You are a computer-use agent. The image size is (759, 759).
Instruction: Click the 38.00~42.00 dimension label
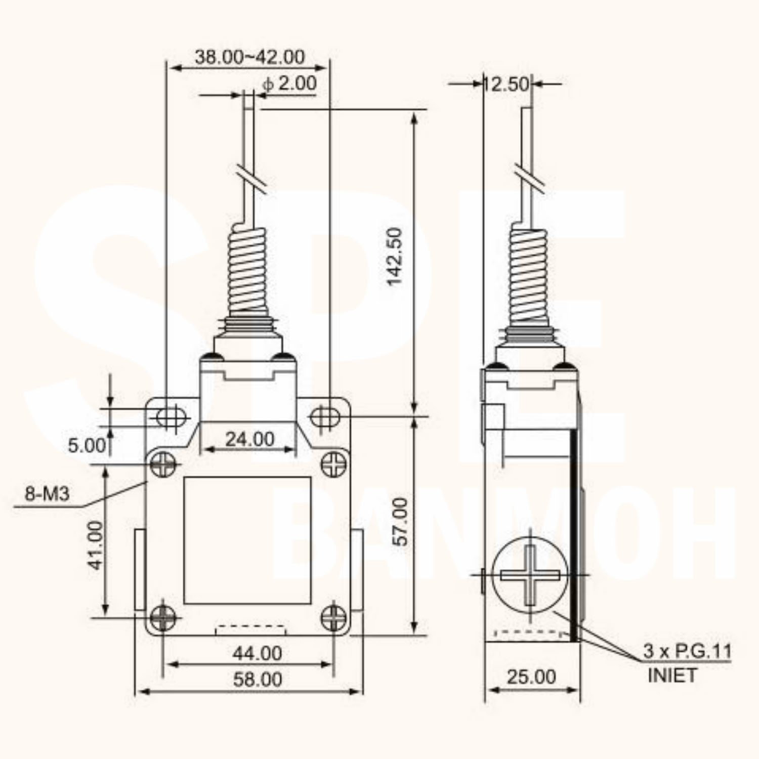click(250, 57)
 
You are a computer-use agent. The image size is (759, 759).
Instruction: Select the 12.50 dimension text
click(505, 83)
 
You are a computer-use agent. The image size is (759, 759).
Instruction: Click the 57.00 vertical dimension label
click(400, 521)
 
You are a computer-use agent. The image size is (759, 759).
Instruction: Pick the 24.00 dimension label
click(250, 439)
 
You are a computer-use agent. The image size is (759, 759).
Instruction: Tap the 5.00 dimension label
click(87, 445)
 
